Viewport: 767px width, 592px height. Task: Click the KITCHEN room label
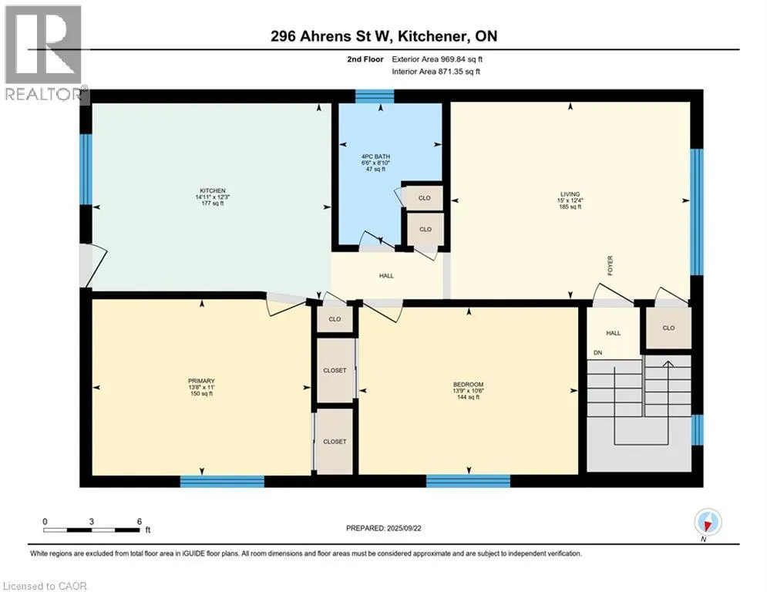212,191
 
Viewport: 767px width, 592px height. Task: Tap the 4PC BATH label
375,156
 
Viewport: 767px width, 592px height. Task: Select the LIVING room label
570,194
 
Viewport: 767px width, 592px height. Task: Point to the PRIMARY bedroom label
201,381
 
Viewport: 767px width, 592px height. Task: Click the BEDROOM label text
468,385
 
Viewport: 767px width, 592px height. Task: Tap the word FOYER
610,266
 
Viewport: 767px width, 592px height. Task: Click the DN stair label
597,353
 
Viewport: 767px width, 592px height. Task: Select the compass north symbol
708,522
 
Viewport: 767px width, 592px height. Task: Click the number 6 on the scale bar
140,522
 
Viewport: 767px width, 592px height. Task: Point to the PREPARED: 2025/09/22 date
384,528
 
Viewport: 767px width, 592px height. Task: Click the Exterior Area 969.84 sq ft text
437,59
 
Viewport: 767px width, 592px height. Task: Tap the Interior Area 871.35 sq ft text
436,72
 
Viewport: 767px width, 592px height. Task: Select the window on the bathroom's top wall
375,96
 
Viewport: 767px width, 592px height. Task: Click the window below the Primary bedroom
222,482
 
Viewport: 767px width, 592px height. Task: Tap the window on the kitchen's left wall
86,169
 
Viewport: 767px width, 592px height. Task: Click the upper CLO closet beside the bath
424,197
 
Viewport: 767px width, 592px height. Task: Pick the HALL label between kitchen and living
386,276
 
